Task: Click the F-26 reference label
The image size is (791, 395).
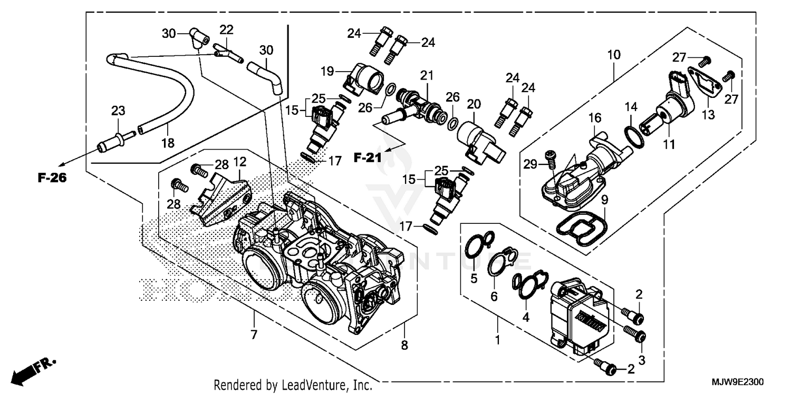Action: [x=52, y=178]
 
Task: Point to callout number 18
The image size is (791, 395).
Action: [x=168, y=142]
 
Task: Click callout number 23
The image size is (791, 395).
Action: [x=118, y=111]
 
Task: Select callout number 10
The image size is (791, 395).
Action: [x=614, y=54]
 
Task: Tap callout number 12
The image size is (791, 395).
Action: [x=240, y=161]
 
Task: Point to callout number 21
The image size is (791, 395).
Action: [x=427, y=75]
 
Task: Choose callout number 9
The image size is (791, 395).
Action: [x=604, y=199]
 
